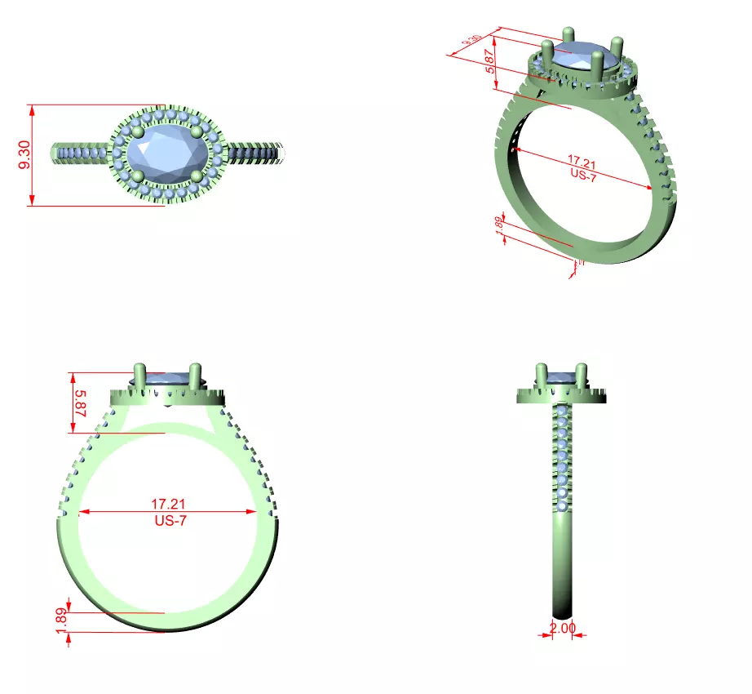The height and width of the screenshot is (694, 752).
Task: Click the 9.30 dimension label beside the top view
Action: point(24,155)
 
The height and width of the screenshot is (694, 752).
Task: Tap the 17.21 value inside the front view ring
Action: point(166,505)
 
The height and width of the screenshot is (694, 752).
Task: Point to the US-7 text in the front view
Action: point(169,521)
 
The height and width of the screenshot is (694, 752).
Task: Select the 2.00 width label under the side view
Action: point(562,628)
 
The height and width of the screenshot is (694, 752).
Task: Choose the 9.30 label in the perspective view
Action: point(471,40)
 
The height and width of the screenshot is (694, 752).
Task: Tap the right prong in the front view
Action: point(196,376)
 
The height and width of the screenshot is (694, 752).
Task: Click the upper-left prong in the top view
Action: point(137,131)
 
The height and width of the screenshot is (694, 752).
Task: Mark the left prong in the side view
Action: point(541,376)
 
